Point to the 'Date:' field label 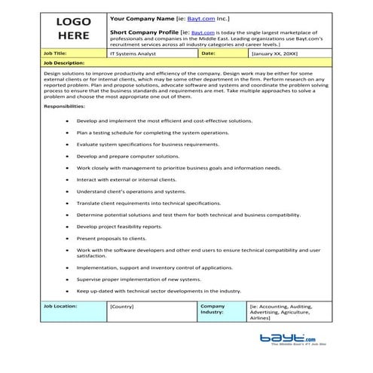click(209, 54)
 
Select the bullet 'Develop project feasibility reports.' click(119, 226)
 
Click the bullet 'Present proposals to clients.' click(111, 237)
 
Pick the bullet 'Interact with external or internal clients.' click(127, 179)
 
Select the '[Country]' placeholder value click(122, 307)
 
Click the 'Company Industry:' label click(214, 310)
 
